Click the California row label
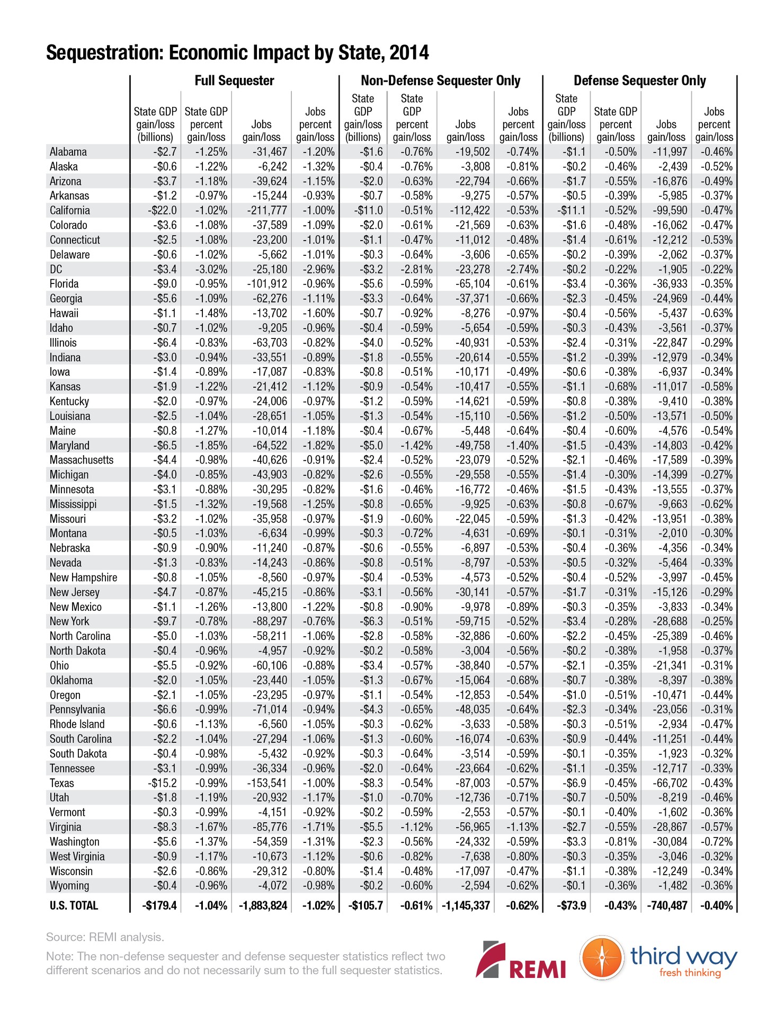point(69,210)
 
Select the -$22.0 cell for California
point(162,210)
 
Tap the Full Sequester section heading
point(234,81)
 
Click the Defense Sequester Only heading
point(639,81)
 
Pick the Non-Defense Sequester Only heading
point(440,81)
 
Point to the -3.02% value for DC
point(211,269)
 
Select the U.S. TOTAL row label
point(74,905)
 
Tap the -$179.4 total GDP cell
point(159,905)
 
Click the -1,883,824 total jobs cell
point(263,905)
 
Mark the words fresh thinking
point(690,973)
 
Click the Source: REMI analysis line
point(105,937)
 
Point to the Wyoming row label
point(69,885)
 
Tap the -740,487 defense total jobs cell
point(667,905)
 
